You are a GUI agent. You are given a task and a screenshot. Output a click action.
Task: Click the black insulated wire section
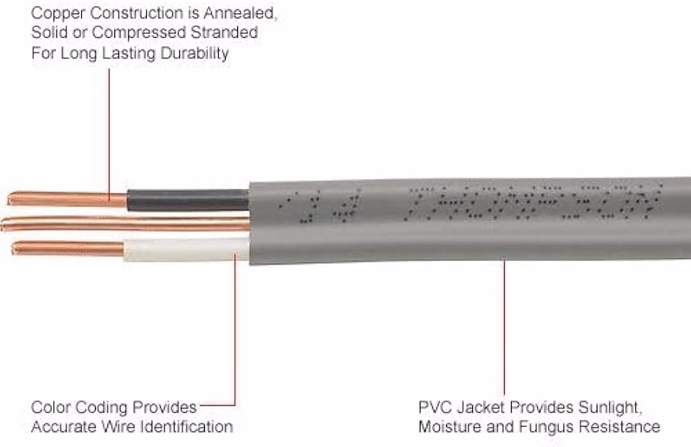(x=188, y=200)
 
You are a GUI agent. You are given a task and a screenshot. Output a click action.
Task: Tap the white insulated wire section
(x=186, y=249)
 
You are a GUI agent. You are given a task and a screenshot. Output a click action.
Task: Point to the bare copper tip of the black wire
(x=66, y=199)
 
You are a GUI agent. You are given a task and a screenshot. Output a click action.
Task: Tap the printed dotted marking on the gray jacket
(x=533, y=203)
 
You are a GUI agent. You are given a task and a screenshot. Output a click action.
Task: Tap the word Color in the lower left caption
(x=51, y=406)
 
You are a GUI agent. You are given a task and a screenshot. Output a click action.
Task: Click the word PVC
(x=434, y=406)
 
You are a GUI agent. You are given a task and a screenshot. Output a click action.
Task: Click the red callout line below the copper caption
(x=109, y=131)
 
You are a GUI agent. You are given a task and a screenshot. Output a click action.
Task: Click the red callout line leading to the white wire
(x=234, y=333)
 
